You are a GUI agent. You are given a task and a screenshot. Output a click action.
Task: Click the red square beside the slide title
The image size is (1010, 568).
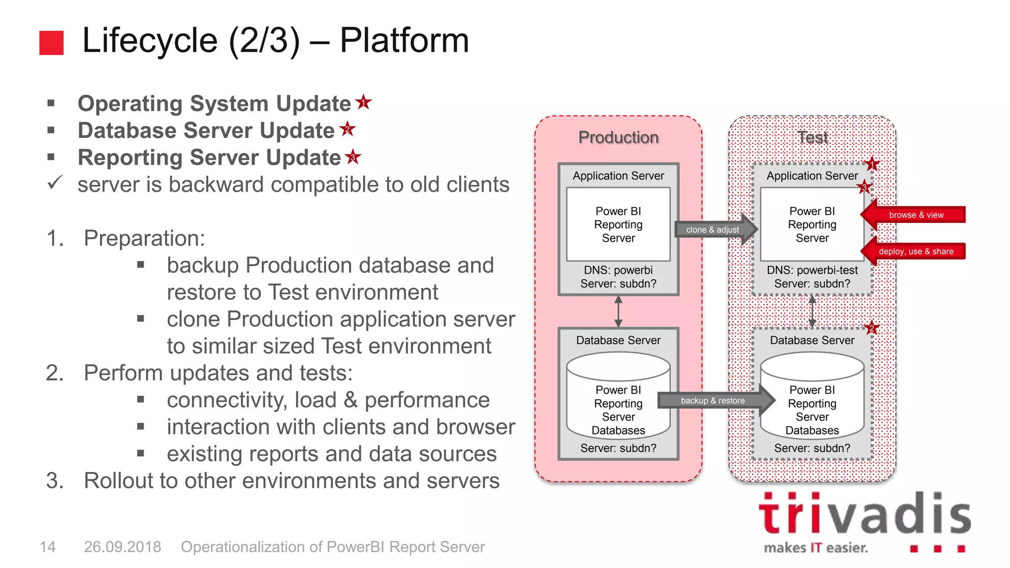(51, 42)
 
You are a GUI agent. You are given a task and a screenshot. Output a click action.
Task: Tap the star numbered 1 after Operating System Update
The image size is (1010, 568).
(363, 102)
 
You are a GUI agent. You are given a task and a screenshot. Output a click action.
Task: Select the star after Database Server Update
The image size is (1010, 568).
(348, 129)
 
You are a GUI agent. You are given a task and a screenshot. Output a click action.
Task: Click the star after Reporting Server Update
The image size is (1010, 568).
(353, 157)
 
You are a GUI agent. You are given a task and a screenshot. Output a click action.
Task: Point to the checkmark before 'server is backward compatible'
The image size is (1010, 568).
(54, 183)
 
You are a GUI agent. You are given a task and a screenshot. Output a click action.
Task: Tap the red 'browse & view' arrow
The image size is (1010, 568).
(915, 215)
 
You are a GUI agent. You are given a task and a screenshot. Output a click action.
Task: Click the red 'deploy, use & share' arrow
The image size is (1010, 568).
(915, 251)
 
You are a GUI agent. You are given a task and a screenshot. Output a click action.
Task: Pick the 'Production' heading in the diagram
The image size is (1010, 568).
(618, 137)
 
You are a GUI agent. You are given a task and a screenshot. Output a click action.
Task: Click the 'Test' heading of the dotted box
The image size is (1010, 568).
(812, 137)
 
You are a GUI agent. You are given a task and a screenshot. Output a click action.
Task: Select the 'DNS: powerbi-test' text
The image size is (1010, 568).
(812, 270)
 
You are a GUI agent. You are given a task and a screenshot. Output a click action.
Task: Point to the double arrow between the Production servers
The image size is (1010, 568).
(618, 311)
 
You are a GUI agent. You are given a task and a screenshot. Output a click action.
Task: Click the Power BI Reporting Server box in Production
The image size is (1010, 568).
(618, 224)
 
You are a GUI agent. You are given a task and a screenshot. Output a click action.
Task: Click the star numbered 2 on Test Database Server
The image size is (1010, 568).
(871, 328)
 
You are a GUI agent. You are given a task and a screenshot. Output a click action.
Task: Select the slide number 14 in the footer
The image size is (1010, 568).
(47, 547)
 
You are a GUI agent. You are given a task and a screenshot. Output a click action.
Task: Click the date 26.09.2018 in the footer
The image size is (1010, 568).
(122, 547)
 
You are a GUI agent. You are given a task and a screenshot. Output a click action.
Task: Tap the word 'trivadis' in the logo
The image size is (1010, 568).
(865, 515)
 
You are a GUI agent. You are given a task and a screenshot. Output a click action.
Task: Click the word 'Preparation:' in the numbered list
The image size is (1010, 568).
(144, 238)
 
